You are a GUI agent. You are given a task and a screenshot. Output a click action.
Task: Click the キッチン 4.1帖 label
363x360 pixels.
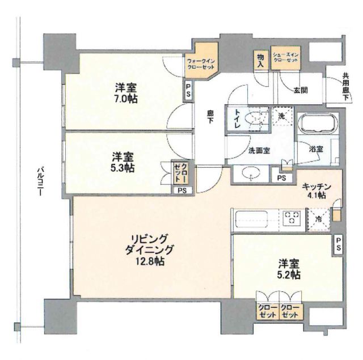point(313,190)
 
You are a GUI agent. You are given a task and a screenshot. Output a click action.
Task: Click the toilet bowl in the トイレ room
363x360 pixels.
point(258,119)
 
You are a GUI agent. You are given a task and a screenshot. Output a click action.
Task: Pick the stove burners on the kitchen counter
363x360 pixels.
point(293,217)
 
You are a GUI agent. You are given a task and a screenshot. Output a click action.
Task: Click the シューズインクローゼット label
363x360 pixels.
point(286,58)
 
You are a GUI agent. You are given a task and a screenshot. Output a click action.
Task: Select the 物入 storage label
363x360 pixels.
point(260,60)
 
